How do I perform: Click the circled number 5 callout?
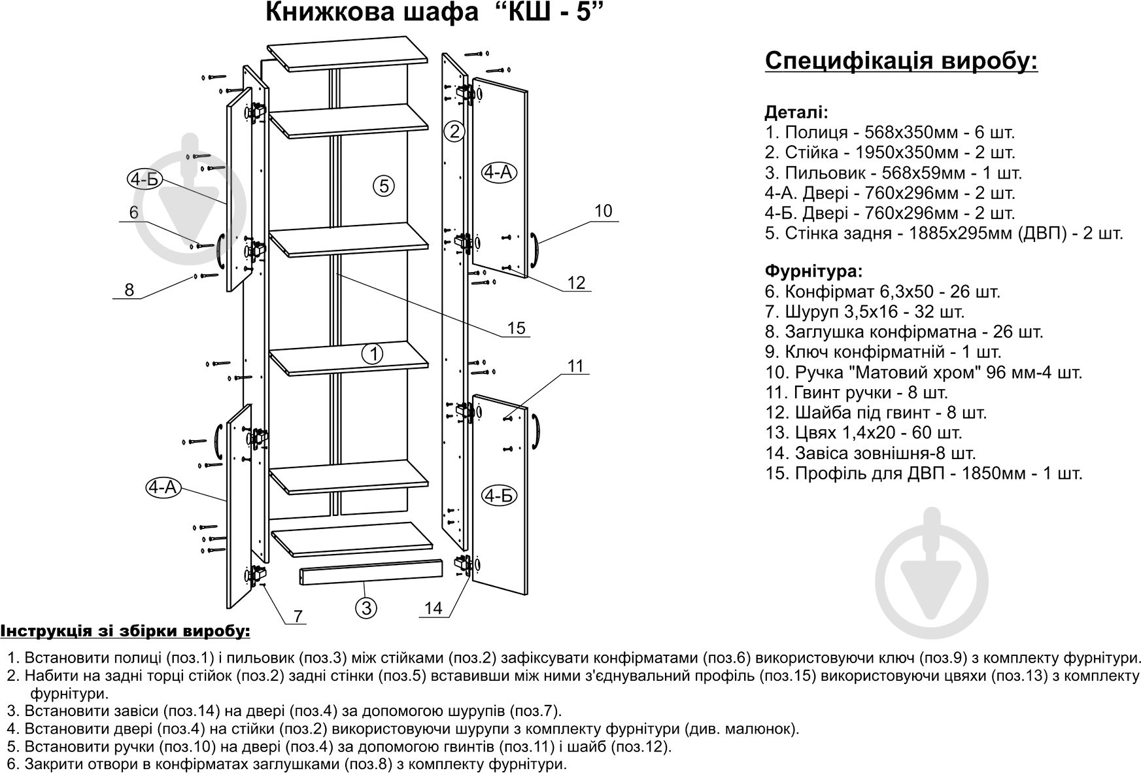click(x=384, y=186)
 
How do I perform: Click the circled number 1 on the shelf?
click(x=373, y=354)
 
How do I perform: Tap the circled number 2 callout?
click(x=454, y=131)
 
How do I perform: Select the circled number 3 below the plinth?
click(x=366, y=608)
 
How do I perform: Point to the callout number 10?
click(x=604, y=211)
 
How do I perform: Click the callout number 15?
click(x=517, y=328)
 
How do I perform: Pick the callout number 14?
click(x=434, y=608)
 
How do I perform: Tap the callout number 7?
click(x=298, y=615)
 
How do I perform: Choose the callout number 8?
click(x=129, y=290)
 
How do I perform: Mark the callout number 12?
click(x=576, y=283)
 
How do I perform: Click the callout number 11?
click(x=575, y=366)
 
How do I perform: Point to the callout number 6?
click(x=134, y=213)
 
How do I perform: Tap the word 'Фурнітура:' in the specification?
click(x=813, y=270)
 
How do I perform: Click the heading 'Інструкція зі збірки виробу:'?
click(x=125, y=631)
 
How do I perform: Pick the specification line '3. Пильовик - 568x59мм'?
click(x=893, y=173)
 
